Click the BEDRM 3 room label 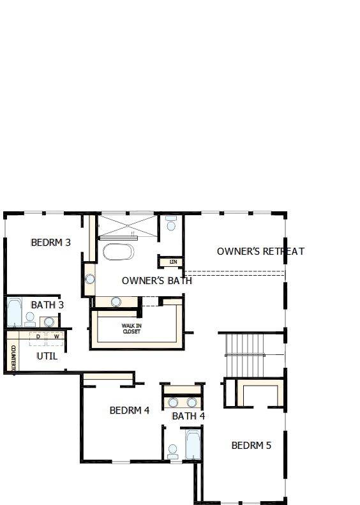point(50,243)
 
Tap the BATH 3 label point(47,305)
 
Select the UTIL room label point(47,356)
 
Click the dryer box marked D point(38,336)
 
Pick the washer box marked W point(56,336)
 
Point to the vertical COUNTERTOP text point(13,359)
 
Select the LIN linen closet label point(172,262)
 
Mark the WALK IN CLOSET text point(132,328)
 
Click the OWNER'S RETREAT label point(260,252)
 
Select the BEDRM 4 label point(130,411)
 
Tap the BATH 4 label point(188,416)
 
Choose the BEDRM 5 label point(251,445)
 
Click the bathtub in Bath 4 point(193,445)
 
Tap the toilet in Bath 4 point(172,450)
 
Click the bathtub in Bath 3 point(14,312)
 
